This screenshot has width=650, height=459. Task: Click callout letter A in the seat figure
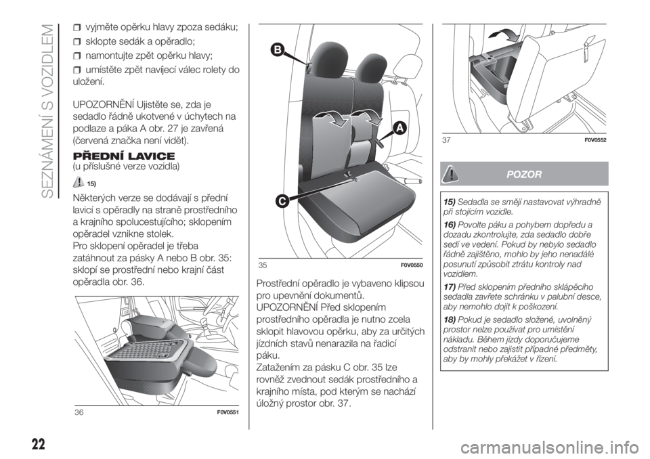pyautogui.click(x=399, y=129)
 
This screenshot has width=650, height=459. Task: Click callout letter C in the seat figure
pyautogui.click(x=281, y=202)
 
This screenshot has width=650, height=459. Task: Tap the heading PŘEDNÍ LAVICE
pyautogui.click(x=123, y=156)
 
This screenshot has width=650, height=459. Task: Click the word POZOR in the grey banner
pyautogui.click(x=524, y=174)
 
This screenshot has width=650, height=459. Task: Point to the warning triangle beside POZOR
pyautogui.click(x=450, y=174)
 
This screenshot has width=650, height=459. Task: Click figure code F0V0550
pyautogui.click(x=412, y=265)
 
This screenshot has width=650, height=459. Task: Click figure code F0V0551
pyautogui.click(x=228, y=412)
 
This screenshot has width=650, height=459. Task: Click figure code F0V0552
pyautogui.click(x=596, y=141)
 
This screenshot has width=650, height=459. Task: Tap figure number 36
pyautogui.click(x=79, y=412)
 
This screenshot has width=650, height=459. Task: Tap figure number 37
pyautogui.click(x=446, y=141)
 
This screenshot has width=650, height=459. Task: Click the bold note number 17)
pyautogui.click(x=450, y=287)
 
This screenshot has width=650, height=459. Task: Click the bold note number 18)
pyautogui.click(x=450, y=320)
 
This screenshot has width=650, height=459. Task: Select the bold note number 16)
pyautogui.click(x=450, y=225)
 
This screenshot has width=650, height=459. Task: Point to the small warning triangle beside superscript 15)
pyautogui.click(x=77, y=181)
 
